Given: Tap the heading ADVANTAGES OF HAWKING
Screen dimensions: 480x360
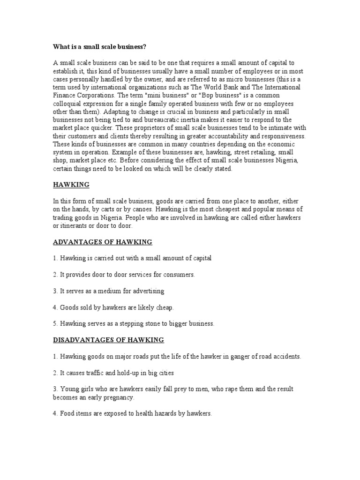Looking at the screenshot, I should click(x=103, y=242).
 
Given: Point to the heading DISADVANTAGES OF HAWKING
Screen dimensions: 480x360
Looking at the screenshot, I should click(x=108, y=340).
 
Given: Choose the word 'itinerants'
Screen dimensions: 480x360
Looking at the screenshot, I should click(x=76, y=225).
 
